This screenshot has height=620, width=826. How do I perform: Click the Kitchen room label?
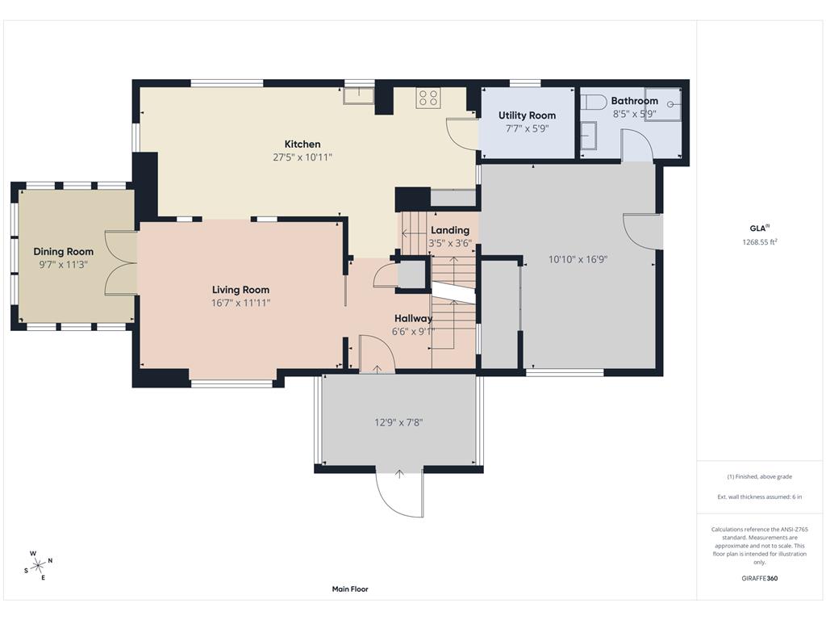click(302, 144)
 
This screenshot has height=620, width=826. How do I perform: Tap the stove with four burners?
click(428, 98)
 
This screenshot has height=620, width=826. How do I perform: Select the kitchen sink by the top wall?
click(358, 95)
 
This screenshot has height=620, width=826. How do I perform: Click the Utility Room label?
click(527, 115)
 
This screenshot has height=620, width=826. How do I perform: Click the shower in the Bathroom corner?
click(663, 104)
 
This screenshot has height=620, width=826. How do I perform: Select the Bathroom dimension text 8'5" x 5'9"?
click(634, 114)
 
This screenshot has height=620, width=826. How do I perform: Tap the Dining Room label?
click(63, 252)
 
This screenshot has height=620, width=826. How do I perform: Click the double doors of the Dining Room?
click(121, 262)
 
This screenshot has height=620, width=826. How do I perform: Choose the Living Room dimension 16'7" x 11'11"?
click(240, 303)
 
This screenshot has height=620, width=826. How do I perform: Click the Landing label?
click(450, 230)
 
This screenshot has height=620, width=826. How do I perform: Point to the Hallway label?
click(414, 318)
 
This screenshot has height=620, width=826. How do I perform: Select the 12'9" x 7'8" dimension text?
click(398, 422)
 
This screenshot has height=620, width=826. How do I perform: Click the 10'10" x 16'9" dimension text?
click(578, 259)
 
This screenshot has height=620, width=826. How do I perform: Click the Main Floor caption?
click(350, 589)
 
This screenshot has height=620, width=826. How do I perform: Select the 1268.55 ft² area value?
click(760, 242)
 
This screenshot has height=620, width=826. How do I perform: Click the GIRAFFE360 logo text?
click(760, 578)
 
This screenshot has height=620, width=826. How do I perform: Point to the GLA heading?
click(758, 228)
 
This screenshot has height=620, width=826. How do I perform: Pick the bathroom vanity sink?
click(588, 136)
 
